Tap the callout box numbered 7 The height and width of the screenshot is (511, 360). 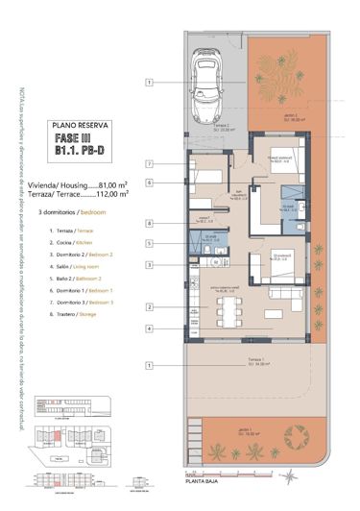(150, 164)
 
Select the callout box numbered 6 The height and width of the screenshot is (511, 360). (150, 182)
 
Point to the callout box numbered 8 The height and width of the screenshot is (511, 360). (150, 224)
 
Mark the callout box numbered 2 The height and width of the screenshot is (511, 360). (150, 306)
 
